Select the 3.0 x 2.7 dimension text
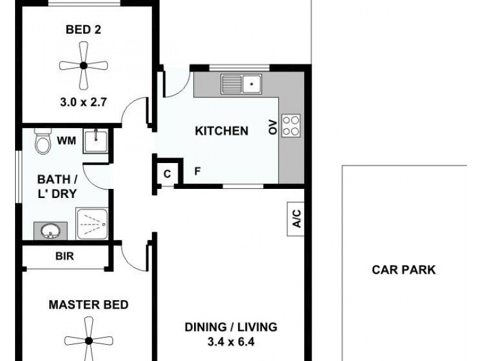click(x=84, y=102)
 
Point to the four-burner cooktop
click(x=290, y=126)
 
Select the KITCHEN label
click(x=221, y=131)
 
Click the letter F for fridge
click(x=197, y=171)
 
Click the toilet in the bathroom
click(x=42, y=141)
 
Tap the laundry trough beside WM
click(x=95, y=141)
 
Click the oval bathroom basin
click(x=47, y=229)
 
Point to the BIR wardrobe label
click(x=64, y=256)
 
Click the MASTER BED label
click(x=89, y=304)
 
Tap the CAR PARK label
click(x=403, y=270)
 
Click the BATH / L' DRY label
click(x=57, y=186)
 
